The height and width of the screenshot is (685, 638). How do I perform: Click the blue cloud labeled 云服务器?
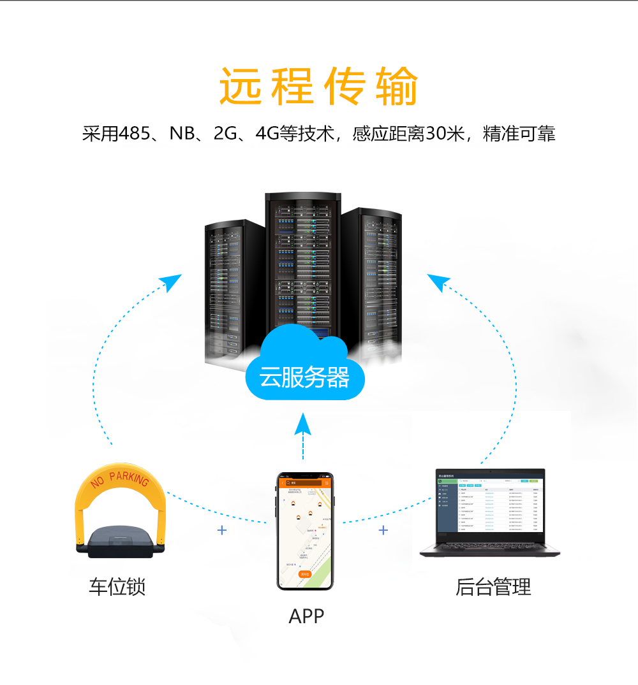[304, 376]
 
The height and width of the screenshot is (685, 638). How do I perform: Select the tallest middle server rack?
[302, 268]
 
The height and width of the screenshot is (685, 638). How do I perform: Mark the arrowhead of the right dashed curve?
[438, 282]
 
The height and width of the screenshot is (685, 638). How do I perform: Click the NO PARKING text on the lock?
[120, 480]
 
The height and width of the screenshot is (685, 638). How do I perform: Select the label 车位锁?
[117, 586]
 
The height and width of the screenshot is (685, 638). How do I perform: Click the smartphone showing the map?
[305, 531]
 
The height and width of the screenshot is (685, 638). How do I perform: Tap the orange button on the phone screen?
[304, 574]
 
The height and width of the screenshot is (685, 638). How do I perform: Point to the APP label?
[306, 616]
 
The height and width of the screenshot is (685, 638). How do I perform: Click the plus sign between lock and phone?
[222, 530]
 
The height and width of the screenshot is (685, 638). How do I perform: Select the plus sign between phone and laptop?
[383, 530]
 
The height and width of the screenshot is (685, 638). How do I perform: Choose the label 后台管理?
[493, 586]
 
